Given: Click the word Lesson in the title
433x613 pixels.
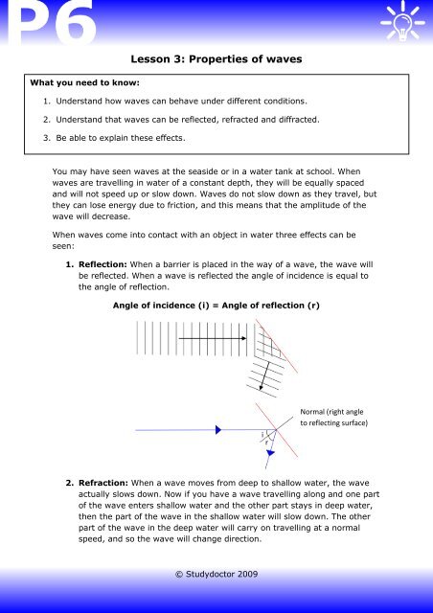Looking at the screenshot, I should click(x=153, y=59).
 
